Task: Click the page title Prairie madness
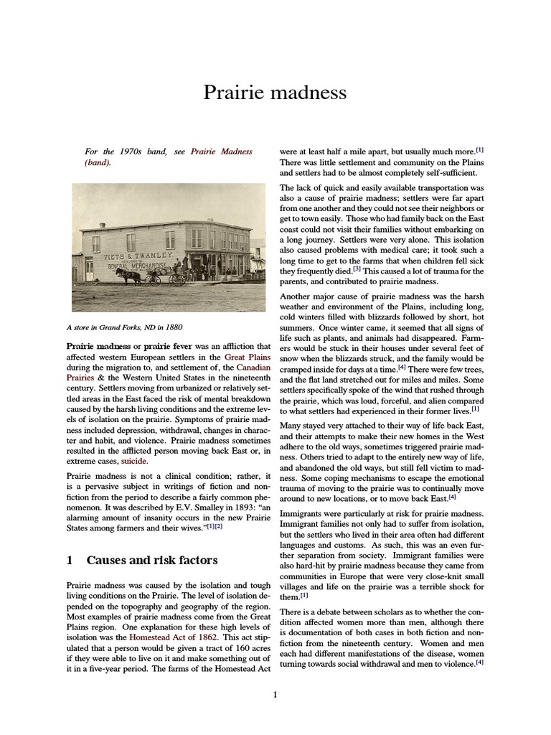tap(275, 93)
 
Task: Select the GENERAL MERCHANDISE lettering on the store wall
tap(137, 265)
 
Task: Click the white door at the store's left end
tap(89, 270)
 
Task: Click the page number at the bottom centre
tap(275, 694)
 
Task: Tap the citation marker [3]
tap(357, 269)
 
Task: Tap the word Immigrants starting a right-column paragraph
tap(304, 514)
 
